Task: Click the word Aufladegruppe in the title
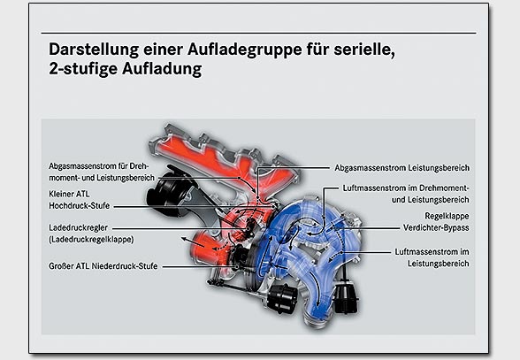click(244, 50)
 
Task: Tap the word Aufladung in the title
click(162, 69)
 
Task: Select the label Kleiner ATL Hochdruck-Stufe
click(79, 200)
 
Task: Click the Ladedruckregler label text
click(78, 228)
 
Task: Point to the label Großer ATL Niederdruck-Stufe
click(103, 266)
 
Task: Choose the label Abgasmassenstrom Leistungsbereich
click(401, 167)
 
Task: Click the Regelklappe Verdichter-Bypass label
click(436, 222)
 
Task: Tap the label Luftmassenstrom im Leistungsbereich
click(432, 257)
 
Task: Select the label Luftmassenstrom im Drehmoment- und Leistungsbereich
click(406, 194)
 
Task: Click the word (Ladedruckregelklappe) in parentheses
click(91, 239)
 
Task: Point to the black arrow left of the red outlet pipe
click(187, 241)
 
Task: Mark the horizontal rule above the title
click(258, 33)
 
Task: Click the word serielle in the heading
click(363, 50)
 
